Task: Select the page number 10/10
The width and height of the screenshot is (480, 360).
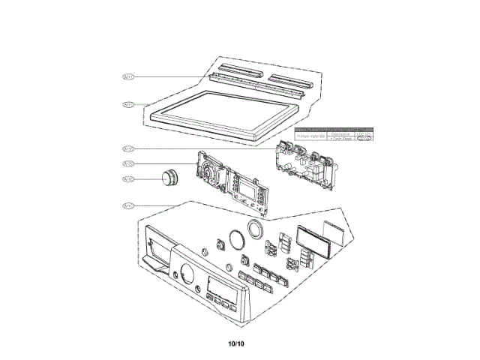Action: tap(236, 343)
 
